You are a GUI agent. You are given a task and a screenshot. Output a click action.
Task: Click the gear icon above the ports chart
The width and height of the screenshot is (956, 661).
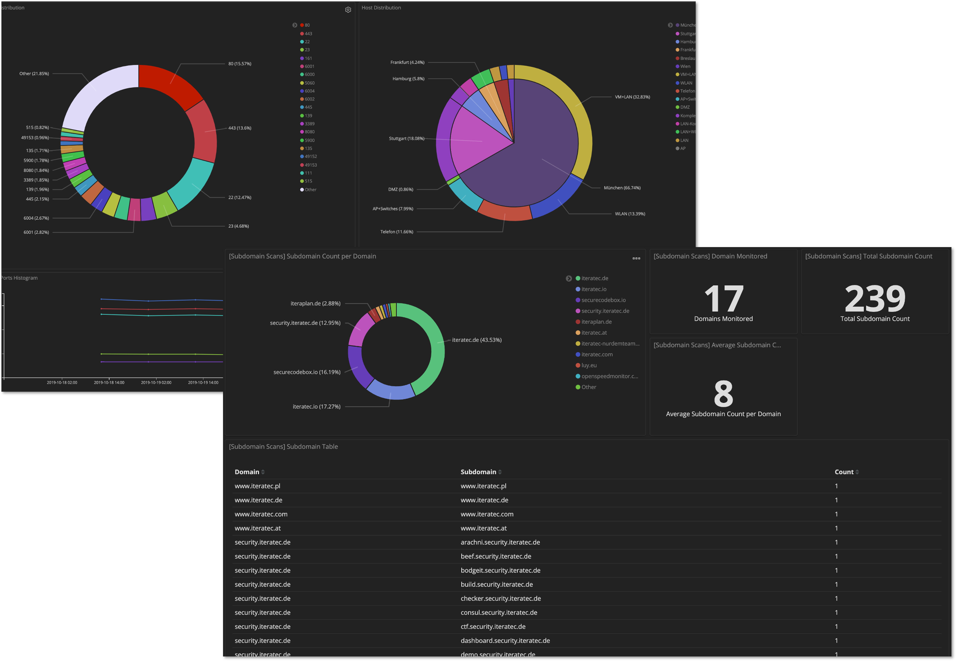point(348,10)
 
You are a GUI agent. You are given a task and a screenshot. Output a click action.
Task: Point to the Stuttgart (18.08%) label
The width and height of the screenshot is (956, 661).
point(406,138)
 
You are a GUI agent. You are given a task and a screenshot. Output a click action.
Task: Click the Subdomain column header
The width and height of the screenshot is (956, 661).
point(478,472)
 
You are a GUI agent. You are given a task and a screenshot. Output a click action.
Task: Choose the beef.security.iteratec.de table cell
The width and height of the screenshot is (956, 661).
point(496,556)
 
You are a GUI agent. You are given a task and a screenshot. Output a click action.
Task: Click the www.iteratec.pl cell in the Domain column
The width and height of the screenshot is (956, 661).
point(257,486)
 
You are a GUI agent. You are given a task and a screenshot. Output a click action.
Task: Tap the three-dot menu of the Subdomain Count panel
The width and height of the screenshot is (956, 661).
point(636,258)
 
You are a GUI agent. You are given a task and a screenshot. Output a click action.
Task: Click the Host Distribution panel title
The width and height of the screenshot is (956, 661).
point(381,8)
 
